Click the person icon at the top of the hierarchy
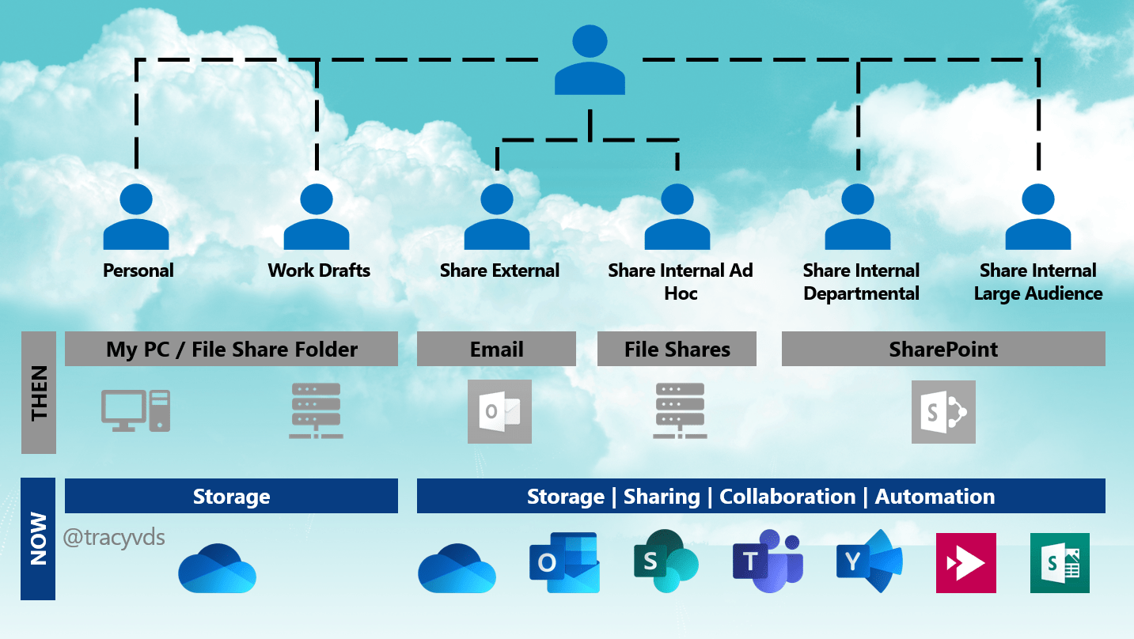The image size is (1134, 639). coord(590,61)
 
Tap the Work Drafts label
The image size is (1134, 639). coord(319,270)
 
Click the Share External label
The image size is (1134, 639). coord(499,270)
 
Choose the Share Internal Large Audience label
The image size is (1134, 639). coord(1037,282)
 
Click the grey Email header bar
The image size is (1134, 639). coord(496,350)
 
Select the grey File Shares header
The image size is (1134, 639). coord(677,350)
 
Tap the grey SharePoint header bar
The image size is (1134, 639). coord(943,350)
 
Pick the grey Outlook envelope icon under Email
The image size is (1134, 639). coord(499,411)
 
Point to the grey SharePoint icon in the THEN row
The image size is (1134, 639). coord(943,412)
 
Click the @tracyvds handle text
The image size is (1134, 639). coord(114,538)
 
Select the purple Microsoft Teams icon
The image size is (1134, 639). coord(767,562)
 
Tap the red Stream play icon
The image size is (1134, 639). coord(965,563)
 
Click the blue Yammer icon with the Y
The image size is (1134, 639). coord(868,562)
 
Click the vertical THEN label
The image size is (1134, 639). coord(39,392)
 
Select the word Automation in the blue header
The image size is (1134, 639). coord(935,497)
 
